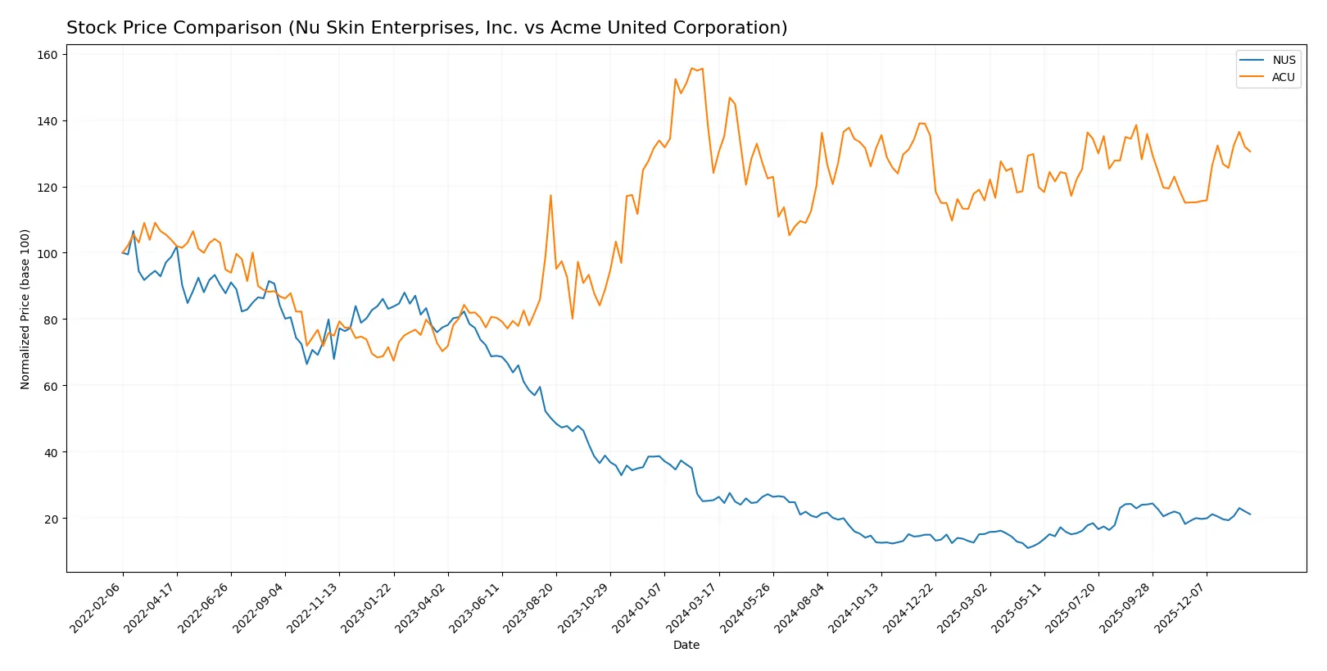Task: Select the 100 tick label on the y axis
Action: [48, 254]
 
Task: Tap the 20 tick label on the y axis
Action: [51, 519]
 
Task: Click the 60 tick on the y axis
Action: [51, 387]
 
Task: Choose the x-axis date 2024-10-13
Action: [854, 607]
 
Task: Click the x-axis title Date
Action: [686, 646]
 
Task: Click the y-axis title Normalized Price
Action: [25, 309]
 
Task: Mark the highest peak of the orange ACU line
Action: [692, 68]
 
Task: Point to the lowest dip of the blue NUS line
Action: [1028, 547]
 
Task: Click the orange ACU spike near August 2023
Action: [550, 195]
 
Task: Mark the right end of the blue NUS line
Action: [1250, 515]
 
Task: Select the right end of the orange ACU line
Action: [1250, 152]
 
